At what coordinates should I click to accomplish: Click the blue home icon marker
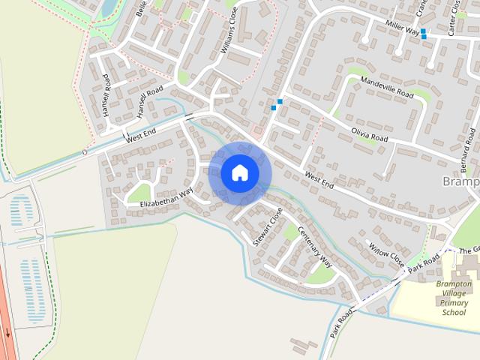(x=239, y=172)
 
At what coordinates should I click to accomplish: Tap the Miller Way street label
(x=401, y=28)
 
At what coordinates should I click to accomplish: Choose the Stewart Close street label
(x=268, y=226)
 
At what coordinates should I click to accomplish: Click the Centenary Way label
(x=315, y=247)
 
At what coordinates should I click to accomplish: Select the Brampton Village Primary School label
(x=454, y=298)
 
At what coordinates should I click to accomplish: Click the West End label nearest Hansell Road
(x=140, y=135)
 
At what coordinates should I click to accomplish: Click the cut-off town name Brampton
(x=460, y=181)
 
